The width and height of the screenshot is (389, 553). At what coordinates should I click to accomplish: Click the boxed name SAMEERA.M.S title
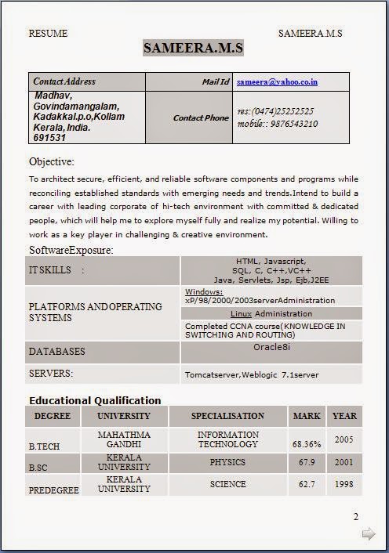click(193, 49)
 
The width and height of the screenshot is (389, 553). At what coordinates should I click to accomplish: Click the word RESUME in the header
click(48, 34)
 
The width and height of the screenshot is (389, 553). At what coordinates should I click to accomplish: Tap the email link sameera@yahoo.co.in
click(277, 81)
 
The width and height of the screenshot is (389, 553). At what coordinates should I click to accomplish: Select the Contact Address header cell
click(64, 81)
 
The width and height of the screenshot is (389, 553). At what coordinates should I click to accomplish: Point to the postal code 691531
click(49, 137)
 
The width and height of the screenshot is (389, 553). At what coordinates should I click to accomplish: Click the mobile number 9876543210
click(289, 124)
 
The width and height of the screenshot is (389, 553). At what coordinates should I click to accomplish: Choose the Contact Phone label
click(201, 118)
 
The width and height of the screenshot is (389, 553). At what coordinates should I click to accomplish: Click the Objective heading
click(52, 162)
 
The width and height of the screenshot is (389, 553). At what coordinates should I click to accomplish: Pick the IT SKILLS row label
click(56, 270)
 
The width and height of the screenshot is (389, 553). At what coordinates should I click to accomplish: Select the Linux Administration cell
click(271, 313)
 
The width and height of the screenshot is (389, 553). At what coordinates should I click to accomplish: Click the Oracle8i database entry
click(271, 346)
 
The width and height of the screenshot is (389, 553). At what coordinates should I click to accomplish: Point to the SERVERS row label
click(51, 374)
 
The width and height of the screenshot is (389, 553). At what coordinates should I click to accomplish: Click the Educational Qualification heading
click(95, 400)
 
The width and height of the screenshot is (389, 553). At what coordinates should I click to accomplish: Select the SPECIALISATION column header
click(227, 416)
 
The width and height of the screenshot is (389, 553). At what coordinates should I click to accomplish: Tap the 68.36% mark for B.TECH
click(307, 443)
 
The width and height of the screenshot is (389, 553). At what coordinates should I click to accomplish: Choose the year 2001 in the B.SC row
click(344, 462)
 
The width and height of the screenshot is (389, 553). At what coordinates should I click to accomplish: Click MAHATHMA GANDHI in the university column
click(124, 439)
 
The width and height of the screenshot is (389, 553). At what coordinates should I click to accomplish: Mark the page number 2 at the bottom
click(355, 516)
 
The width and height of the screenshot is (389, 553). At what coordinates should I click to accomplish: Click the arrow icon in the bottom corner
click(368, 534)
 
